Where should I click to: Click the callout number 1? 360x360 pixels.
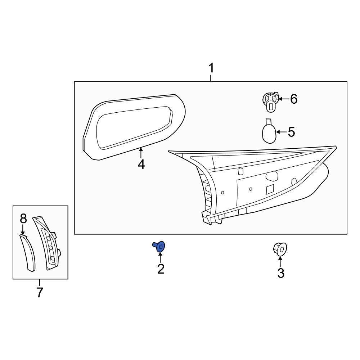211,68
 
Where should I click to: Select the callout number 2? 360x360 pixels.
161,269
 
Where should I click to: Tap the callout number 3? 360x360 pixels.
281,273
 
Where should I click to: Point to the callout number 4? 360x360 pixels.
141,165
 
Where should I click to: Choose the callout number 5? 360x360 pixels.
291,132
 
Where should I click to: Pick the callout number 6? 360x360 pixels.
294,99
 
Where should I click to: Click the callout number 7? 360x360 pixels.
40,292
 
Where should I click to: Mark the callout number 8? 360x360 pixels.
23,218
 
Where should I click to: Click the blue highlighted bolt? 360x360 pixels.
159,246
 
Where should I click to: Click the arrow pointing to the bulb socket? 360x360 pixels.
283,99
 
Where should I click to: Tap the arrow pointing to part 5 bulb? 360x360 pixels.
281,132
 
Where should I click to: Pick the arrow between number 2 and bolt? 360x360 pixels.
160,257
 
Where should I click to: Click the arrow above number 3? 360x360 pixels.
280,262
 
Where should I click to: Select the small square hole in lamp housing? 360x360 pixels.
270,190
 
